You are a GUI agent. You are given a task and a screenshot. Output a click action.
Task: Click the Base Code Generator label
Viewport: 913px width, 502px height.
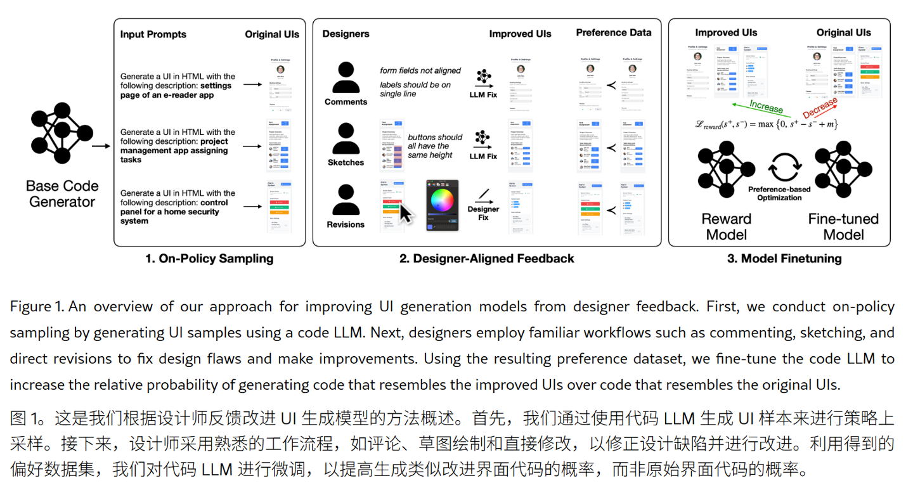pos(62,194)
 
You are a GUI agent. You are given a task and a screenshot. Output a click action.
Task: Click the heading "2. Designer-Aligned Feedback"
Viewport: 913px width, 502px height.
pos(487,258)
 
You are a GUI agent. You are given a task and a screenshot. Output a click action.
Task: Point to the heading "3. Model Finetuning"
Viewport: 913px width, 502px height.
pos(784,258)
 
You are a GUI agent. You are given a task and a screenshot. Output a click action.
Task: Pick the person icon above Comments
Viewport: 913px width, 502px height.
pos(346,77)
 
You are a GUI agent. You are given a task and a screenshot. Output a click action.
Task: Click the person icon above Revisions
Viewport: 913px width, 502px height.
pos(346,200)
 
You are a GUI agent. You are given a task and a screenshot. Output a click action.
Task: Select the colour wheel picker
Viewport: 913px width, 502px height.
pos(443,200)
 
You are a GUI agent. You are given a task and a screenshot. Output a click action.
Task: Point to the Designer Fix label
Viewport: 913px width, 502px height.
pos(483,213)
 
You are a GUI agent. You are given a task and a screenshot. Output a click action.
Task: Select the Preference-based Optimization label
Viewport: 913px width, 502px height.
pos(784,193)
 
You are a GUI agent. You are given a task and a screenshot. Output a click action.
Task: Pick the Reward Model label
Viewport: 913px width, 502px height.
pos(726,226)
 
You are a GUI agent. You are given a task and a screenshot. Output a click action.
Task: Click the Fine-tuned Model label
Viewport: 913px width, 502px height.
pos(843,226)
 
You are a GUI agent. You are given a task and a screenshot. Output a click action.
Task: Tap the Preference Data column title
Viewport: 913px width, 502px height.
pos(613,32)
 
